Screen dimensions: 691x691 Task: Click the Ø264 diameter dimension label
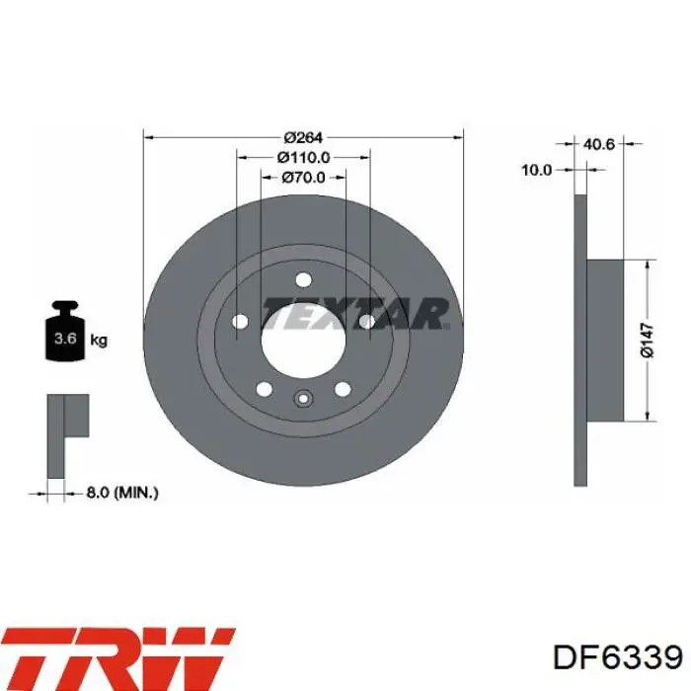click(303, 137)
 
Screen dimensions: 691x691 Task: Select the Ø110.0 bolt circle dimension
click(304, 157)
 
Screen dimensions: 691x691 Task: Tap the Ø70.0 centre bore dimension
click(303, 177)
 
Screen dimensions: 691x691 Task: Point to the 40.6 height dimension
click(598, 144)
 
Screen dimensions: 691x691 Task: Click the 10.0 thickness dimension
click(536, 170)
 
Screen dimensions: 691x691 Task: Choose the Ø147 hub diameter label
click(647, 340)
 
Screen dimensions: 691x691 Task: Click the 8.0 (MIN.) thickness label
click(122, 493)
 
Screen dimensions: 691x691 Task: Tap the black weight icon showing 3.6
click(65, 331)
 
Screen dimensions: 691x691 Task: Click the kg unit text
click(99, 341)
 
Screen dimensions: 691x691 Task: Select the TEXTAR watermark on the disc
click(355, 313)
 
